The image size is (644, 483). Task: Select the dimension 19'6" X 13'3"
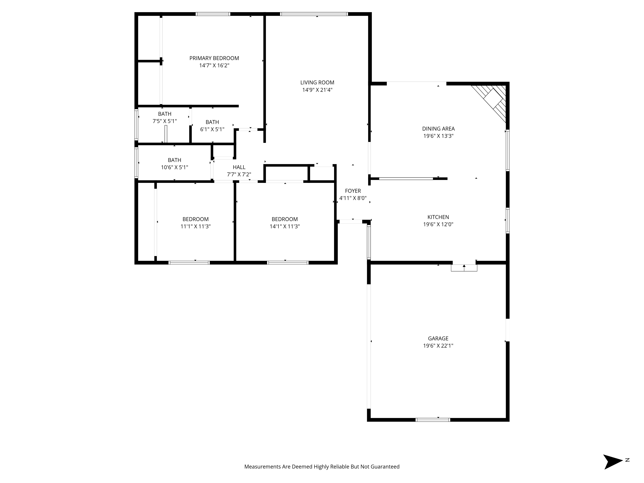[x=438, y=136]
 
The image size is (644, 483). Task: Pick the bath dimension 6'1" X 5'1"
[x=212, y=129]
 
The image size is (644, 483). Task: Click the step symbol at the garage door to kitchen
[x=464, y=268]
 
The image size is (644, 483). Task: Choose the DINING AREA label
[x=438, y=129]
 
